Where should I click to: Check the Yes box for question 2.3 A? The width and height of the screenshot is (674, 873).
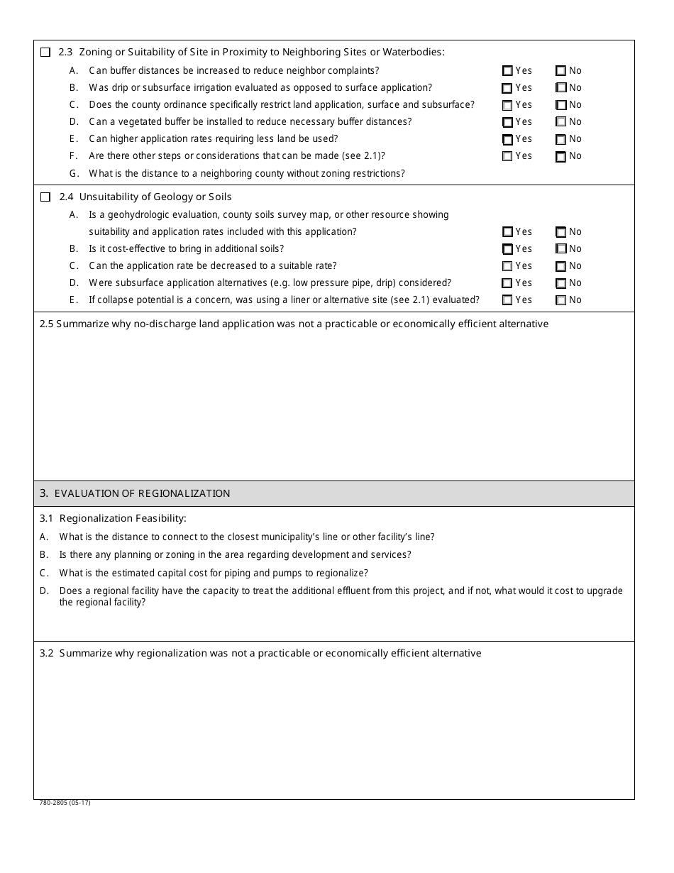click(x=507, y=71)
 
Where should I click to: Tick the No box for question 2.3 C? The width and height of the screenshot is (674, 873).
click(x=560, y=105)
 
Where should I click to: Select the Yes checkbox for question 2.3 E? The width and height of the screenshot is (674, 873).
click(x=507, y=140)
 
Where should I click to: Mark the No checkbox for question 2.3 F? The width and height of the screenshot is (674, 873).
click(x=560, y=157)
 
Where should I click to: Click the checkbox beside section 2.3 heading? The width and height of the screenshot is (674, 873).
click(x=46, y=52)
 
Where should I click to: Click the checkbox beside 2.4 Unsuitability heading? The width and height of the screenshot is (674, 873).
click(x=46, y=197)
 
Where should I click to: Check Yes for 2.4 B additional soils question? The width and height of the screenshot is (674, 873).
click(x=507, y=249)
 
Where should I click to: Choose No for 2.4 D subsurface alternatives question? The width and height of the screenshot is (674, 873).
click(x=560, y=283)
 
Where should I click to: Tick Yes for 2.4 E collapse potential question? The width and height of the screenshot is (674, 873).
click(x=507, y=300)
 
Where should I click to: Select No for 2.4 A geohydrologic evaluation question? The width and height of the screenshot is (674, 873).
click(x=560, y=232)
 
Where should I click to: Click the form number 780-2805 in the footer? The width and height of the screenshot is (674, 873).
click(x=65, y=803)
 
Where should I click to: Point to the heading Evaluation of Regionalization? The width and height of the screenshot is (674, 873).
click(x=142, y=493)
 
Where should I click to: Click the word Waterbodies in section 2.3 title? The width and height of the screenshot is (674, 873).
click(x=414, y=52)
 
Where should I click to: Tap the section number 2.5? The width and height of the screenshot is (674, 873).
click(x=46, y=324)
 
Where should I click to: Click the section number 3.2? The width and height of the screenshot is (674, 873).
click(x=47, y=653)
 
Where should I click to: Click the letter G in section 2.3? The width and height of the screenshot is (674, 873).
click(x=74, y=174)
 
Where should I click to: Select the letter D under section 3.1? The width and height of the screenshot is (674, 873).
click(x=44, y=591)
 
